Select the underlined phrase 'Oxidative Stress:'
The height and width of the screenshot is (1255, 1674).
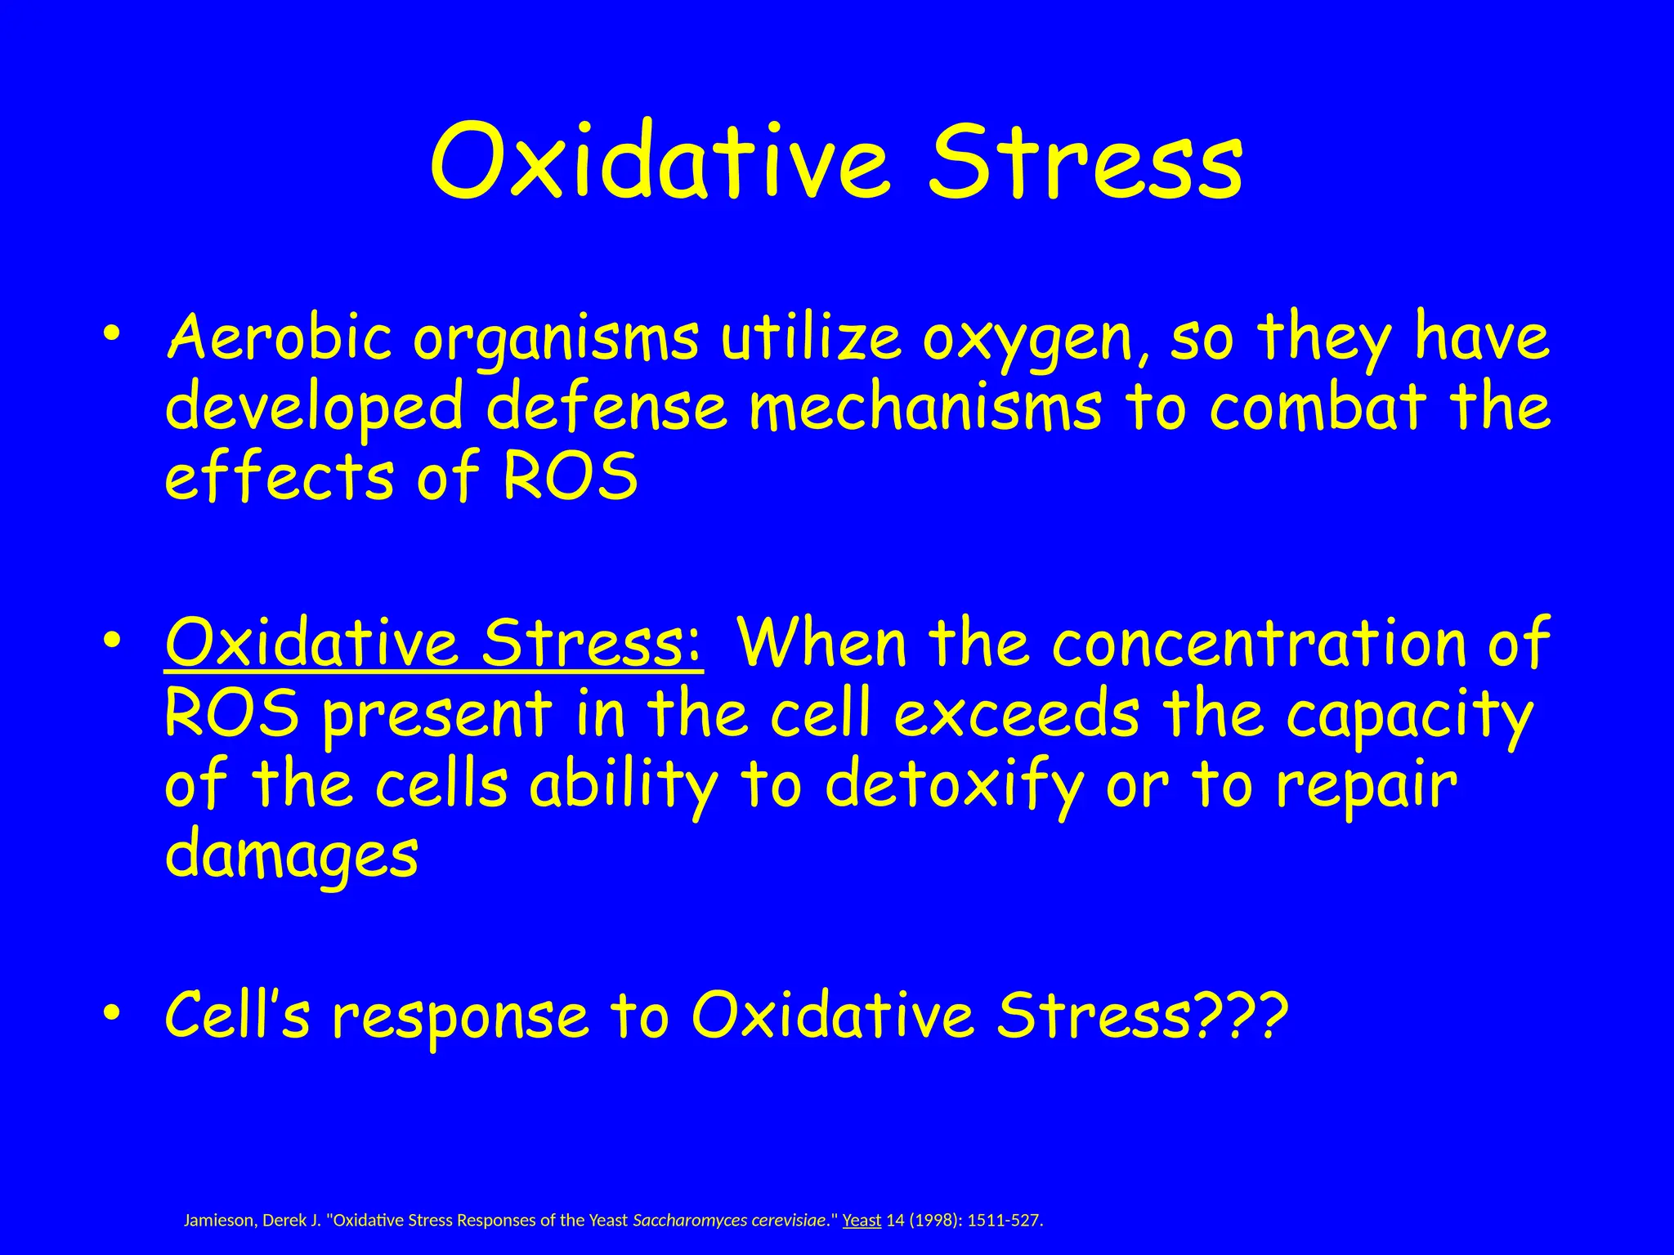click(x=433, y=644)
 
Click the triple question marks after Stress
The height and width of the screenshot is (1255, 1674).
click(x=1243, y=1014)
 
